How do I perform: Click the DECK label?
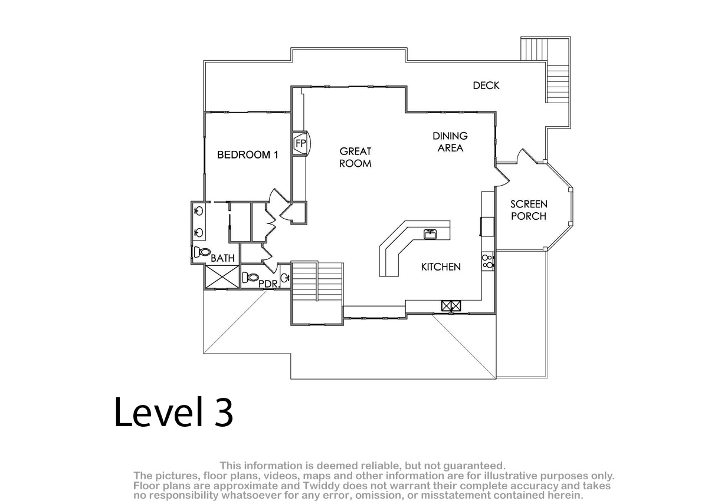(486, 85)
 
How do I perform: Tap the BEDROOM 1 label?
(247, 154)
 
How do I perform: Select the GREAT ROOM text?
(355, 157)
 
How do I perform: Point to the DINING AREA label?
(450, 141)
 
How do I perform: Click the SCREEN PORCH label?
(529, 210)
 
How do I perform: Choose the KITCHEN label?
(441, 267)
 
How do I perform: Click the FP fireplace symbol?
(300, 143)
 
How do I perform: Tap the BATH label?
(222, 258)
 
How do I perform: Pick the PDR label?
(268, 284)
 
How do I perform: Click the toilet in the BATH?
(202, 252)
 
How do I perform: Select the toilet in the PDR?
(250, 278)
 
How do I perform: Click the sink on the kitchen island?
(430, 235)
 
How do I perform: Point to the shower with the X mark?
(222, 276)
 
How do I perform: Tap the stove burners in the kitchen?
(487, 261)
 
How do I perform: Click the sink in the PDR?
(285, 278)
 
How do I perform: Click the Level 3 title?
(173, 412)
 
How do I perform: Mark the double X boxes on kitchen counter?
(451, 305)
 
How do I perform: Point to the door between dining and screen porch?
(502, 176)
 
